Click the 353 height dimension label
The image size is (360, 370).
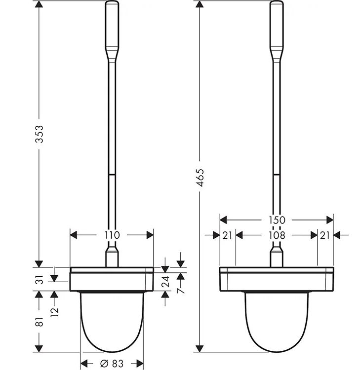39,134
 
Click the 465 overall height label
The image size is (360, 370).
200,178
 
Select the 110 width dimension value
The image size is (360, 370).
112,235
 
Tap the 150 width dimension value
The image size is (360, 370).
277,220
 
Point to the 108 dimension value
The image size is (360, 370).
277,235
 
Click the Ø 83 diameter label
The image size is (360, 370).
112,364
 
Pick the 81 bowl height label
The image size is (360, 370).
40,322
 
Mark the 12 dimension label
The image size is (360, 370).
54,312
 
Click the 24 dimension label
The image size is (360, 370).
165,281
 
